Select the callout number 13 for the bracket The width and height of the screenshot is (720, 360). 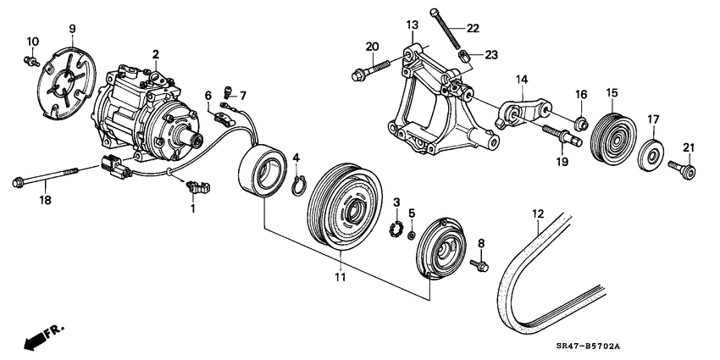(x=413, y=24)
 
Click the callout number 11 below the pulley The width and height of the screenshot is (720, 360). (x=341, y=277)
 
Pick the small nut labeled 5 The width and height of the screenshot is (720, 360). (x=412, y=235)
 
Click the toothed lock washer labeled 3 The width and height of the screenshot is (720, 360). (x=395, y=228)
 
